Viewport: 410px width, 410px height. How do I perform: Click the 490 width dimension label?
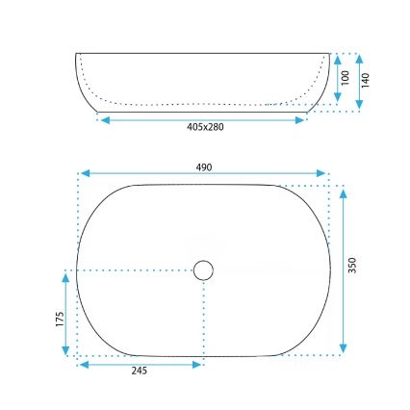click(203, 167)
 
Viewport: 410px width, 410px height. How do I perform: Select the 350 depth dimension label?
click(352, 265)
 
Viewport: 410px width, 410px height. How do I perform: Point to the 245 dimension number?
click(140, 372)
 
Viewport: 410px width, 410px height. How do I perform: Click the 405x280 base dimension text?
click(204, 128)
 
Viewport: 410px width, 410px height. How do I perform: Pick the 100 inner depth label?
click(345, 77)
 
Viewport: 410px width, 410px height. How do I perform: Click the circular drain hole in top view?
click(203, 270)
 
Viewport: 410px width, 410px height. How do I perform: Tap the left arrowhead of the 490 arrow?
click(83, 174)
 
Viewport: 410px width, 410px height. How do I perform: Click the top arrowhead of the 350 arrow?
click(344, 188)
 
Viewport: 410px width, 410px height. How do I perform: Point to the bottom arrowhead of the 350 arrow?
click(344, 351)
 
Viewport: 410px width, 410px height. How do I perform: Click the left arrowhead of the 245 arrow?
click(82, 364)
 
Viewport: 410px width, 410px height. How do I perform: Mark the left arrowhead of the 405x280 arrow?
click(104, 120)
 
